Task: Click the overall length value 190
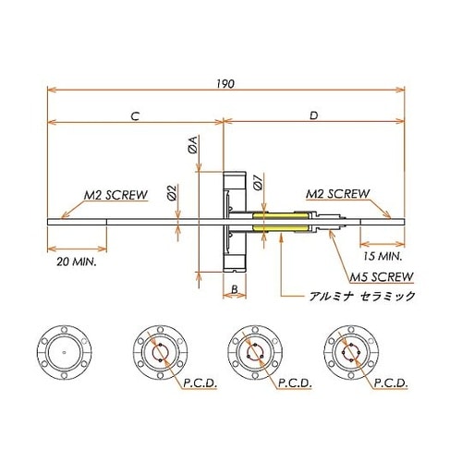pos(227,83)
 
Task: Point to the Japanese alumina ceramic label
pos(361,297)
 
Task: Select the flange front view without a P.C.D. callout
pos(61,352)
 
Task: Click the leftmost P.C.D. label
pos(189,381)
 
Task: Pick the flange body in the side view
pos(235,222)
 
